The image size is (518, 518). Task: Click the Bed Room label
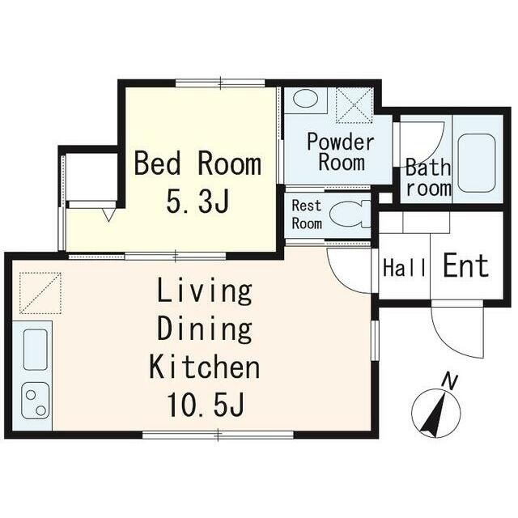tap(197, 164)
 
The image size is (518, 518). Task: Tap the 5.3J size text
tap(198, 202)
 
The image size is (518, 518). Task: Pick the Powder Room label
tap(341, 152)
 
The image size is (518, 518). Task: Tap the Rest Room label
tap(307, 214)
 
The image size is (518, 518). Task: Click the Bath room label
tap(427, 179)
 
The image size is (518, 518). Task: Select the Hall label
tap(404, 268)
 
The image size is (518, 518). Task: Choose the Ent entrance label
tap(466, 266)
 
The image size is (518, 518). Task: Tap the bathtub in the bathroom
tap(476, 163)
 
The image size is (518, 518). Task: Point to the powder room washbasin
tap(305, 100)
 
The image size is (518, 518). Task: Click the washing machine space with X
tap(354, 104)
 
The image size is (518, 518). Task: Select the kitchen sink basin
tap(34, 349)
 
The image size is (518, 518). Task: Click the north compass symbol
tap(435, 414)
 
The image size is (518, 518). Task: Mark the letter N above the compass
tap(450, 380)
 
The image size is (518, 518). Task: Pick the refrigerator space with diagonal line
tap(40, 292)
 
